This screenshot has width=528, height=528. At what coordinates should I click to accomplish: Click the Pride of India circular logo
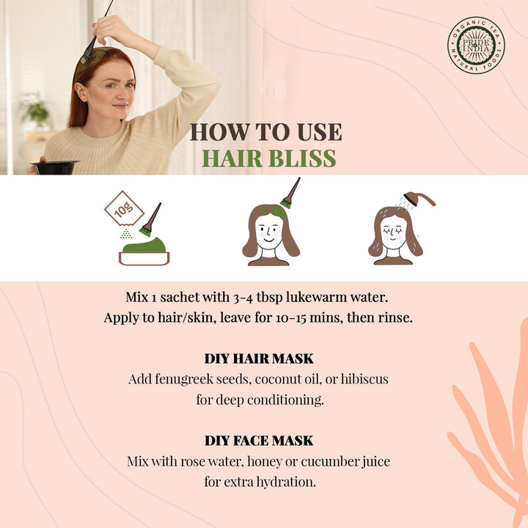[476, 45]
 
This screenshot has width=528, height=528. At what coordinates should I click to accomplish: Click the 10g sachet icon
[124, 209]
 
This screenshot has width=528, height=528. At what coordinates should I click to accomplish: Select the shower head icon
[419, 199]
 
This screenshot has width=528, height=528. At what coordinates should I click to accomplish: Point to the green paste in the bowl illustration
[144, 245]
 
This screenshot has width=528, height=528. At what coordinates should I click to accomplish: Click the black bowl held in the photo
[54, 167]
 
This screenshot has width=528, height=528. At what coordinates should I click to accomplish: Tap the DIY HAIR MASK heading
[259, 359]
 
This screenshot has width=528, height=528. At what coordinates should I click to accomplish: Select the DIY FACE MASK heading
[259, 441]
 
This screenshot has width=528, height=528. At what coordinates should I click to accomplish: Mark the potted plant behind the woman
[35, 111]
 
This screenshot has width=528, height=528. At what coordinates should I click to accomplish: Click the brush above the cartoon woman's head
[290, 193]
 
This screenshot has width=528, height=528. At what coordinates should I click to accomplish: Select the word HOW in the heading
[220, 132]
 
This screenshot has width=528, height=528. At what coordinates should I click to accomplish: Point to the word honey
[264, 462]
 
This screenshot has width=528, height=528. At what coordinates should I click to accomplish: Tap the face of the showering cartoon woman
[393, 232]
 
